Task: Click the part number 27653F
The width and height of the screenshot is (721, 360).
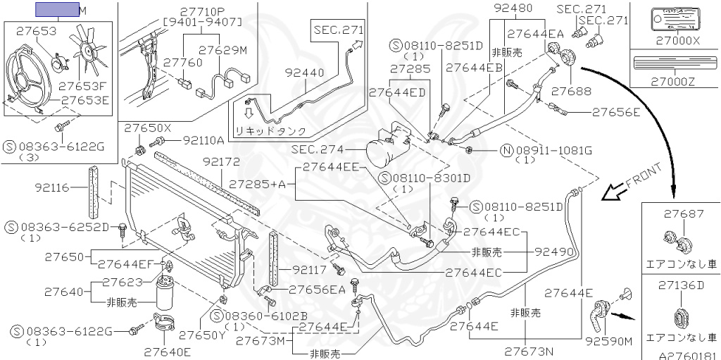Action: pos(82,86)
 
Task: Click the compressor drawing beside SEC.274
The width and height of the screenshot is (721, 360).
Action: pos(387,147)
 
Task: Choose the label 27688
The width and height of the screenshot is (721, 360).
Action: pos(571,91)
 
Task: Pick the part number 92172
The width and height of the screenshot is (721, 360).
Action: pos(222,161)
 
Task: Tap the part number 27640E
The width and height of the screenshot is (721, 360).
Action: pos(168,350)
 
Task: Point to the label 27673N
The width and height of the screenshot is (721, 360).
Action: pos(529,350)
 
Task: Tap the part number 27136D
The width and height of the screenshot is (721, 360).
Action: pos(681,285)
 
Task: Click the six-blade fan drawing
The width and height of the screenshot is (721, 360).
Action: pos(89,50)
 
